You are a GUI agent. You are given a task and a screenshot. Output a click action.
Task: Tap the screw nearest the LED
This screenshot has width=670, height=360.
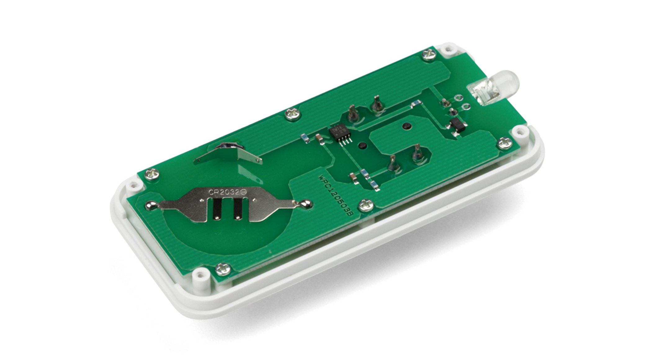tap(430, 55)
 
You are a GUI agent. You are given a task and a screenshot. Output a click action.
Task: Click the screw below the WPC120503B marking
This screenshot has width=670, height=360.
tap(366, 205)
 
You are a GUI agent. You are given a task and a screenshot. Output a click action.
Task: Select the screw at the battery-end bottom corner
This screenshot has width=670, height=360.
tap(223, 269)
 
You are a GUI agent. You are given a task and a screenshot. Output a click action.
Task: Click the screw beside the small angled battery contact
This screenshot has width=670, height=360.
tap(152, 174)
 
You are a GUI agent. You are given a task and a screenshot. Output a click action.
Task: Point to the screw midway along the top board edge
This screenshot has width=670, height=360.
tap(293, 114)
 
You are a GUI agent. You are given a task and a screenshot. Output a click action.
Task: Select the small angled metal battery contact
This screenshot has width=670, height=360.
tap(228, 154)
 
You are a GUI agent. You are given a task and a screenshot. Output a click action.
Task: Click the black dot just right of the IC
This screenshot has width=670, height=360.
tap(361, 146)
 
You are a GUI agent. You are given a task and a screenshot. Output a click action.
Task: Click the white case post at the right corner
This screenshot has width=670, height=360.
tap(517, 133)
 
